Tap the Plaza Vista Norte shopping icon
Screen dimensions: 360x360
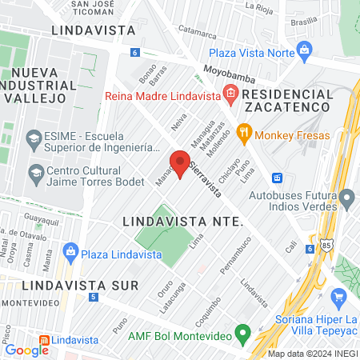[x=304, y=50]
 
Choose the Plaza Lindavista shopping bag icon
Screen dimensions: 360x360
[x=70, y=253]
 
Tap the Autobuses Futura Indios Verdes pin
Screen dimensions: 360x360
[x=346, y=197]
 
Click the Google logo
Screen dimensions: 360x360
[x=26, y=350]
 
